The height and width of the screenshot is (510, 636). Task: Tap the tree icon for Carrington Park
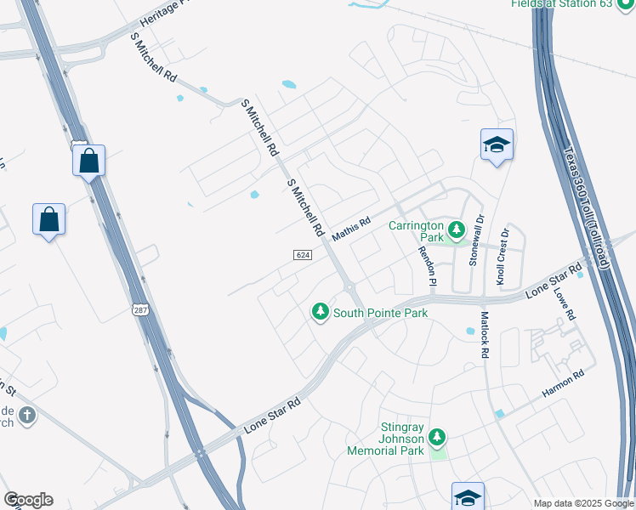457,229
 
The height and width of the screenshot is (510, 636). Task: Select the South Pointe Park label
380,313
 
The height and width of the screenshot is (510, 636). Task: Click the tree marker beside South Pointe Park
321,313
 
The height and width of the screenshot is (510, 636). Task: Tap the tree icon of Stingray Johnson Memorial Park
437,438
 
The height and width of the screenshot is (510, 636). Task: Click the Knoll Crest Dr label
502,256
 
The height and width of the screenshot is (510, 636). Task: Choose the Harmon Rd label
564,382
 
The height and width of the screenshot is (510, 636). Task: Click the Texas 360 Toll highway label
586,208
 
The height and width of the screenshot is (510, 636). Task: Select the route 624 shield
303,255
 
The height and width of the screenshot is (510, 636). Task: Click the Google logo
28,500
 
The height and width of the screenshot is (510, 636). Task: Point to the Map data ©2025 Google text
583,503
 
